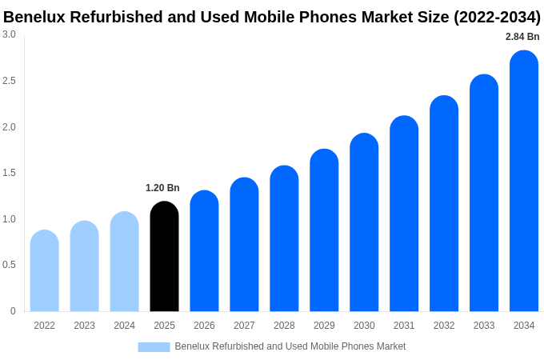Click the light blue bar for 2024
(x=124, y=262)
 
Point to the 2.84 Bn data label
(x=522, y=37)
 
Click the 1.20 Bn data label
(x=162, y=188)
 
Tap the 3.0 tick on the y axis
(x=9, y=34)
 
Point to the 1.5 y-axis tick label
(x=9, y=173)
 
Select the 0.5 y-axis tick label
(x=9, y=265)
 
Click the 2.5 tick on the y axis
(x=9, y=81)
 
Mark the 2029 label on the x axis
(x=324, y=326)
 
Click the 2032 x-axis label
(x=444, y=326)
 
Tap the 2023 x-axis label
(x=84, y=326)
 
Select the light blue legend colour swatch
(x=154, y=347)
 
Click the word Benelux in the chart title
(x=34, y=17)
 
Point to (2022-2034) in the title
(x=497, y=17)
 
